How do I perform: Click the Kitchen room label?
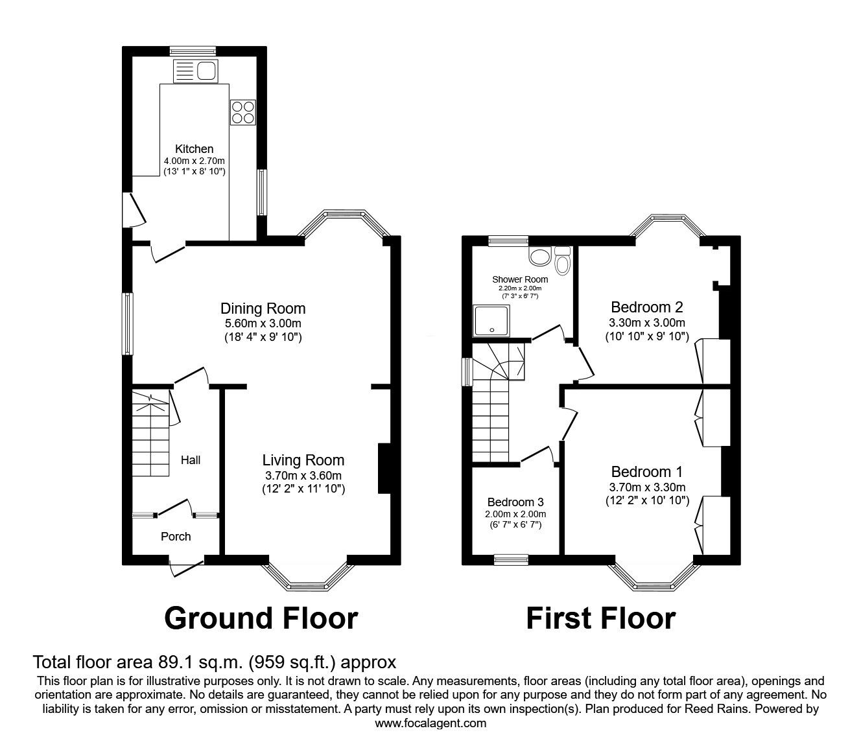pos(194,149)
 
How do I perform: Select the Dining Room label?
pos(263,309)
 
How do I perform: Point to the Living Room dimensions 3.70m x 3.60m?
pos(303,475)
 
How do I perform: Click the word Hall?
pos(191,460)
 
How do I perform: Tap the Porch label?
pos(176,537)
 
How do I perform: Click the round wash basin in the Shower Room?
pos(539,257)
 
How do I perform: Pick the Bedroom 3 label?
pos(515,502)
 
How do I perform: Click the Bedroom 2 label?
pos(646,307)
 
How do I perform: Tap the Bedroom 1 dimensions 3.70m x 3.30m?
pos(646,487)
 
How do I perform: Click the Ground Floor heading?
pos(261,618)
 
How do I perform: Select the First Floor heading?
pos(600,618)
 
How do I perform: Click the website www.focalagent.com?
pos(430,724)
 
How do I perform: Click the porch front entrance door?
pos(186,567)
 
